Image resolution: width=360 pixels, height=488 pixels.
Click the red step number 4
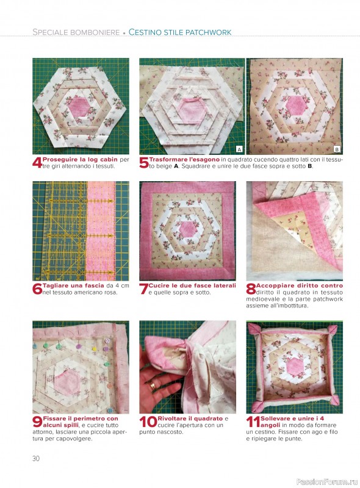[37, 163]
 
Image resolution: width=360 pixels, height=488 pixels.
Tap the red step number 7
[143, 289]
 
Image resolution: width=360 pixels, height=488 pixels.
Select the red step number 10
[148, 422]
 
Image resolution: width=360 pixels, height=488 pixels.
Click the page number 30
[36, 459]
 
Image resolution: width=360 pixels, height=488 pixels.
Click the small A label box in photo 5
[239, 149]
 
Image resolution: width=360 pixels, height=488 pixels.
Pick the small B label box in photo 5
[337, 149]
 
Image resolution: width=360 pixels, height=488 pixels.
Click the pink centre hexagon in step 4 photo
[79, 107]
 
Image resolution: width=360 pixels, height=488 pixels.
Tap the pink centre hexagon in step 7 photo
[187, 230]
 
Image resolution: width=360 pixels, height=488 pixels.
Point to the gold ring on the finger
[153, 387]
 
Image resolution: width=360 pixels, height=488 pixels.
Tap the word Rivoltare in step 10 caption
[172, 418]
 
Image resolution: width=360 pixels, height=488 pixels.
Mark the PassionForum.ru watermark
[327, 482]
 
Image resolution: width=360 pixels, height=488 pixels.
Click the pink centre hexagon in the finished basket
[294, 366]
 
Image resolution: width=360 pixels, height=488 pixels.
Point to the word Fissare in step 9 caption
[54, 418]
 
